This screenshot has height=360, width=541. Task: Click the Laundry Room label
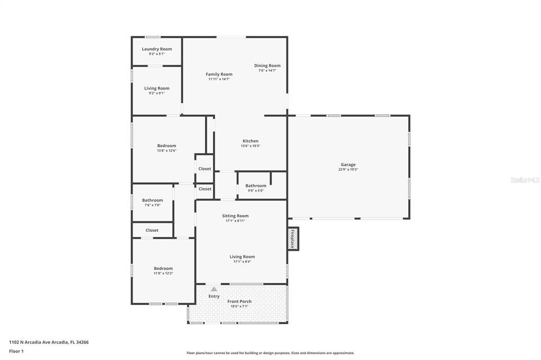tap(156, 49)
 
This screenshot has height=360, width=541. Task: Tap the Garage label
tap(348, 165)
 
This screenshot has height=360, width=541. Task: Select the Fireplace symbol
tap(293, 239)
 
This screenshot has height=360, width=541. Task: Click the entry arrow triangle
tap(213, 289)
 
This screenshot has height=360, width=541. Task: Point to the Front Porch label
tap(239, 301)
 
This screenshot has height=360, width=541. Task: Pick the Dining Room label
tap(267, 65)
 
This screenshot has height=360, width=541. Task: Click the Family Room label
tap(219, 74)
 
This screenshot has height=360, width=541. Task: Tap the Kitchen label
tap(250, 141)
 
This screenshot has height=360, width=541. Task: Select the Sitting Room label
tap(235, 216)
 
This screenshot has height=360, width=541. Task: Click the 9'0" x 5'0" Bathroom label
tap(256, 186)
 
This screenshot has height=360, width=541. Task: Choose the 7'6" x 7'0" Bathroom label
tap(152, 200)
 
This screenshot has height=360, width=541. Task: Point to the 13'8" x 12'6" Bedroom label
tap(166, 146)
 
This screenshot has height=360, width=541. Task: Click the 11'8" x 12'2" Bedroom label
tap(163, 269)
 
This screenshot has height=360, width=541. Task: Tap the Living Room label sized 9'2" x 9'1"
tap(156, 88)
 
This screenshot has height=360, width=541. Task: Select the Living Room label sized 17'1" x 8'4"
tap(242, 257)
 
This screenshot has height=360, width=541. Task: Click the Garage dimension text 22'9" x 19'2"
tap(348, 170)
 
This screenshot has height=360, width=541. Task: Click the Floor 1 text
tap(16, 351)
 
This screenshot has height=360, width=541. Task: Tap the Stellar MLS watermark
tap(525, 180)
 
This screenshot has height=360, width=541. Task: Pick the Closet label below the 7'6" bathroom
tap(152, 230)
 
